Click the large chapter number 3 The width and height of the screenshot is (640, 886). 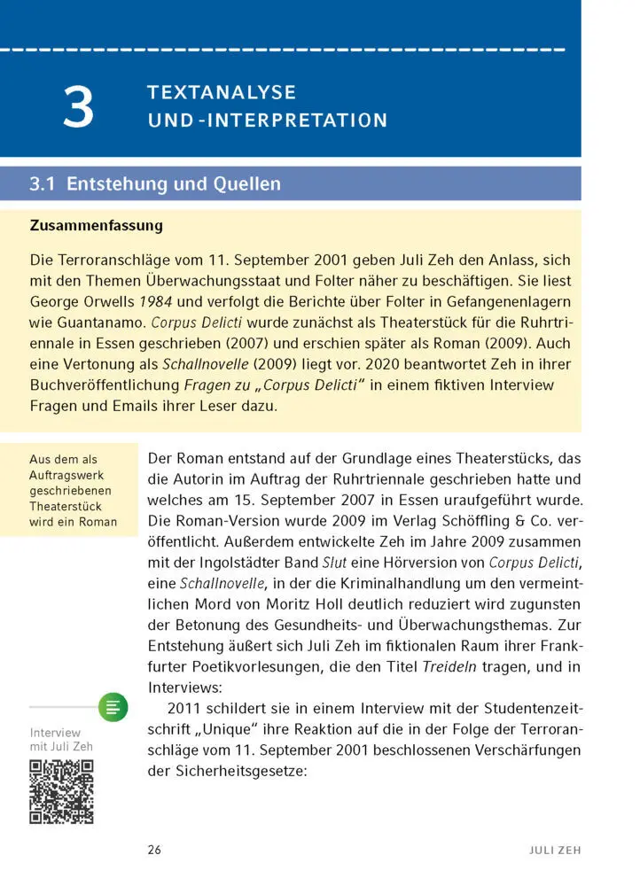[78, 106]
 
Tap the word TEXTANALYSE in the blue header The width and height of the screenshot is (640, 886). [222, 92]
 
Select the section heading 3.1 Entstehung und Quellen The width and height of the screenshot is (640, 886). [155, 184]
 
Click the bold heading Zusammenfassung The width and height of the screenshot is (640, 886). [97, 225]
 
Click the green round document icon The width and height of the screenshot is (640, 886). [113, 707]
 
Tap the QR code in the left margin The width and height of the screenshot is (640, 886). [61, 791]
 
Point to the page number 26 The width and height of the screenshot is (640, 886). [154, 850]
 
